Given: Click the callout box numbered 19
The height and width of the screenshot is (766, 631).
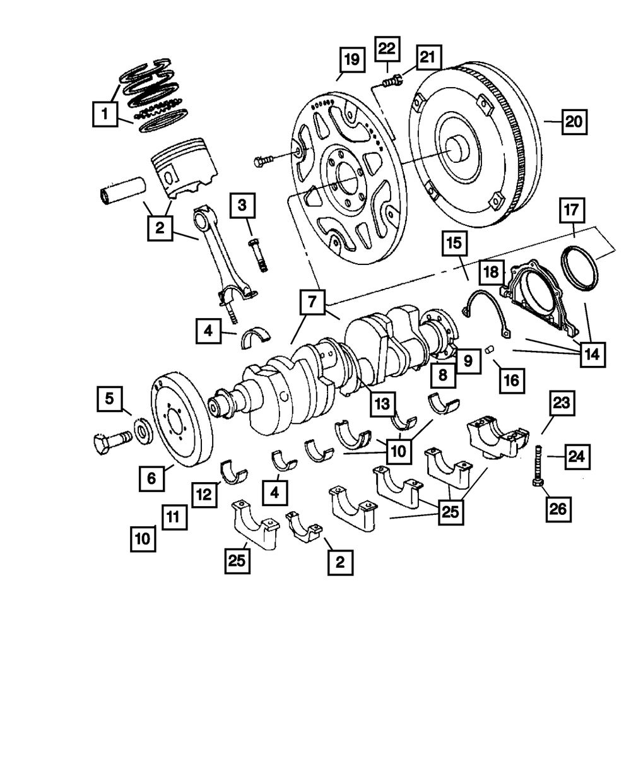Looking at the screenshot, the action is [x=352, y=59].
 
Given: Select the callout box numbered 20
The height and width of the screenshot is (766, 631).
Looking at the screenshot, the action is [x=574, y=121].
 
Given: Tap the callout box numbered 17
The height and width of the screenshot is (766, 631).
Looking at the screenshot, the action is [x=572, y=210].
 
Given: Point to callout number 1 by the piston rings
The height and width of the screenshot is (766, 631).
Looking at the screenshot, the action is [x=105, y=114].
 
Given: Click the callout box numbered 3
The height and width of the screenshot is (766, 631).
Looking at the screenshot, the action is [x=242, y=206].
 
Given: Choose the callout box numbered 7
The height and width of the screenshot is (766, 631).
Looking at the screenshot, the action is [x=312, y=302].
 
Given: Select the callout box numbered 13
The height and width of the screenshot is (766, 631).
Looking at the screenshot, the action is [x=382, y=404].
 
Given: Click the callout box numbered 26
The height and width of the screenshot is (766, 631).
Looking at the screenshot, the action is [x=558, y=509].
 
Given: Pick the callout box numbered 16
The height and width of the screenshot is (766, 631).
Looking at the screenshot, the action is [x=512, y=381].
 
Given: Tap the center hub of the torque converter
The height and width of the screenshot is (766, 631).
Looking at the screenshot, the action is [x=459, y=150].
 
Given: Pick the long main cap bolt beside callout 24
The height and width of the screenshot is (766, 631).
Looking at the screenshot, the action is [x=538, y=466].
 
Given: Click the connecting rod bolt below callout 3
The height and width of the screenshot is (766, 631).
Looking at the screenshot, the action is [x=258, y=255].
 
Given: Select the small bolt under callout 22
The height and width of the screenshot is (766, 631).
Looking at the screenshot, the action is [x=392, y=80].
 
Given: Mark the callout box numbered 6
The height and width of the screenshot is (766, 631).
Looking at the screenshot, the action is [x=151, y=478].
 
